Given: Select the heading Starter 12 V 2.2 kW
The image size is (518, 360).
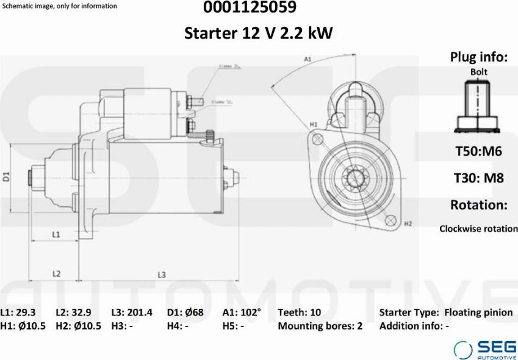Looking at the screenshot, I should click(259, 33).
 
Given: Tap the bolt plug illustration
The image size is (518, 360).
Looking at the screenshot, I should click(478, 107).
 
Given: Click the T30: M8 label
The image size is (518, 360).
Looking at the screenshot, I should click(478, 178).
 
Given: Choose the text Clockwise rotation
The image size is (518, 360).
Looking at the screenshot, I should click(478, 229).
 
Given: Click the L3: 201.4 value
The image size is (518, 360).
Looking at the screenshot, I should click(132, 312).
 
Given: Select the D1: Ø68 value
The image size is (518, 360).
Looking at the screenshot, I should click(185, 312).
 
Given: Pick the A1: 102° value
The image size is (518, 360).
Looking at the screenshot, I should click(242, 312).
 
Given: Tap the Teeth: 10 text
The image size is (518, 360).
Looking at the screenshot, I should click(299, 312).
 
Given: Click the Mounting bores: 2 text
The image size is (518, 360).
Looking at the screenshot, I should click(320, 326).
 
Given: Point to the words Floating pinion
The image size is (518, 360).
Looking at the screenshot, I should click(478, 312).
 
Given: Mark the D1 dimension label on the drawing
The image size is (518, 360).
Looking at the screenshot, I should click(7, 178).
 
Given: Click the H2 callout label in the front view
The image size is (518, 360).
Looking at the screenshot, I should click(408, 224).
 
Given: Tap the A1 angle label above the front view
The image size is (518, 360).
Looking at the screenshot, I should click(308, 59).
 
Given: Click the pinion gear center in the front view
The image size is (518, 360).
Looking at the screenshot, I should click(354, 178).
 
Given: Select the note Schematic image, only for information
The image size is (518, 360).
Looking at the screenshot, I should click(60, 6).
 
